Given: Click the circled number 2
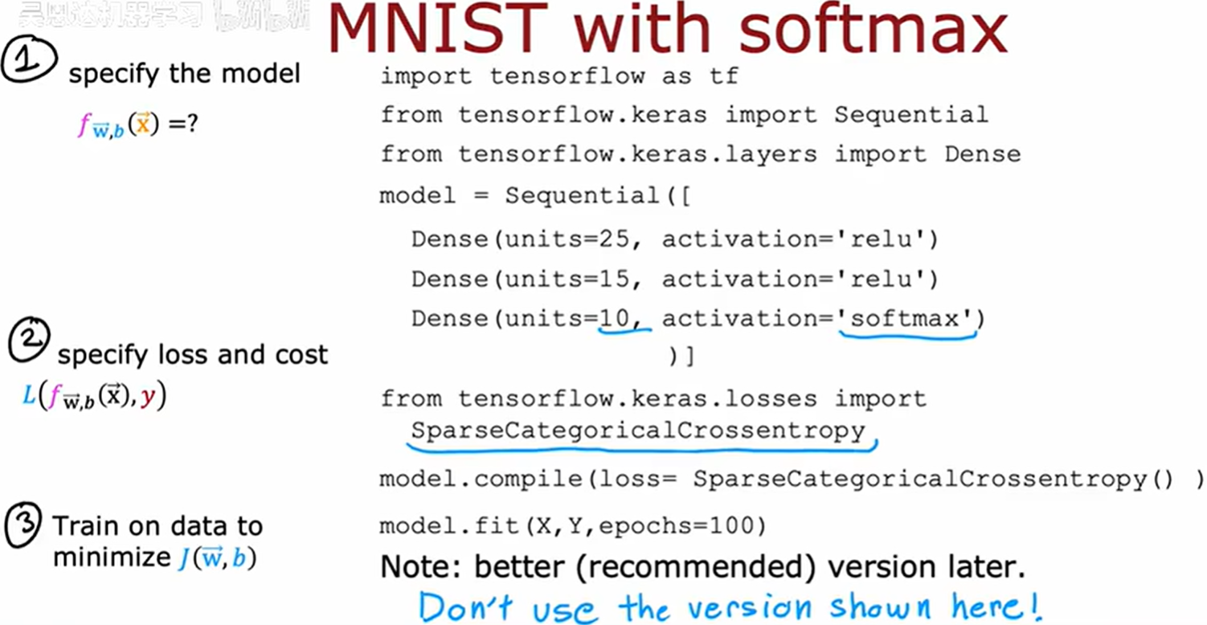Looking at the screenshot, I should [x=29, y=341].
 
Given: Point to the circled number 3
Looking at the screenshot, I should [x=25, y=529].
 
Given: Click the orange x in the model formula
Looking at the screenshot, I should [x=142, y=126].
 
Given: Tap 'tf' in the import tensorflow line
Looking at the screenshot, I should [x=723, y=76].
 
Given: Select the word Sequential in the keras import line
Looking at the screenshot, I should [x=910, y=115].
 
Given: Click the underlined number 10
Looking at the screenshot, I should [x=616, y=319].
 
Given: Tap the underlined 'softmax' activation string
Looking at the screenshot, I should [x=906, y=319].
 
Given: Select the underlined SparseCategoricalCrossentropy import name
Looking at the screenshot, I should [x=637, y=431].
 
